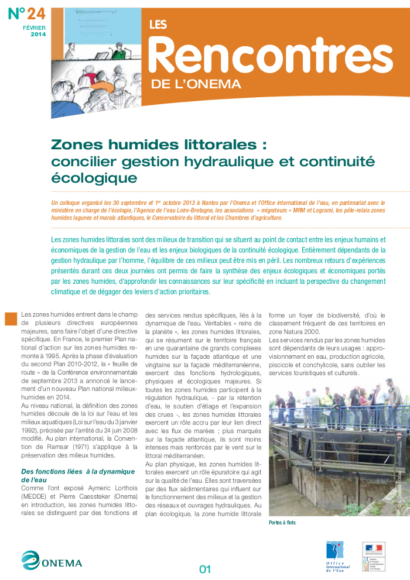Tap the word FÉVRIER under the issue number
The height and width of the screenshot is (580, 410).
(35, 28)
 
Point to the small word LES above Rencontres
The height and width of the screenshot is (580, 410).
(158, 25)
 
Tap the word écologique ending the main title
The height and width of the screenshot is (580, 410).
(94, 177)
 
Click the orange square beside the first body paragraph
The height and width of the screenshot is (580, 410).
(11, 318)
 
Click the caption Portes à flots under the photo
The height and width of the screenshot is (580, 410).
(283, 522)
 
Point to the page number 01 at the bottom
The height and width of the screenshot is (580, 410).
(205, 568)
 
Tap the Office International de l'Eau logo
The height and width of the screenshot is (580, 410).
(337, 555)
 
